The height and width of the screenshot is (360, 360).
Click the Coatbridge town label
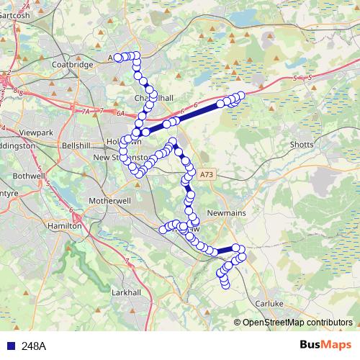pos(73,64)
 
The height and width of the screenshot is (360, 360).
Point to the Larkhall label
pos(130,293)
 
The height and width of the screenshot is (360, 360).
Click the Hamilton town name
pos(63,225)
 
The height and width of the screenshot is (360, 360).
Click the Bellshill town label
pos(78,145)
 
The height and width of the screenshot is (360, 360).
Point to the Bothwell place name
pos(29,175)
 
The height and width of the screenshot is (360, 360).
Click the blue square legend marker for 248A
pos(10,346)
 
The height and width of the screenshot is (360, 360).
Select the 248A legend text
pos(34,346)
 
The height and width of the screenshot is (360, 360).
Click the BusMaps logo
pos(325,345)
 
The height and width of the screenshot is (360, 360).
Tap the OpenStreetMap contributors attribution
pos(297,322)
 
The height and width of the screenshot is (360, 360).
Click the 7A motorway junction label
pos(86,112)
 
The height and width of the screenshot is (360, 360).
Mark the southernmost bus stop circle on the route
pos(225,285)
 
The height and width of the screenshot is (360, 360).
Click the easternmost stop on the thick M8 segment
pos(241,95)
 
